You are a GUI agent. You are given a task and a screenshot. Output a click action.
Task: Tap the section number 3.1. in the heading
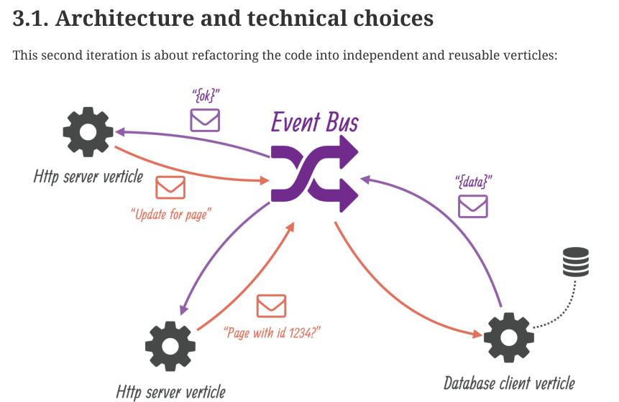[x=29, y=18]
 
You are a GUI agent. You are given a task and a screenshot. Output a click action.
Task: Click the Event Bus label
[x=314, y=121]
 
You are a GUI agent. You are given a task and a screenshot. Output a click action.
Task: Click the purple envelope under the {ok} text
[x=205, y=119]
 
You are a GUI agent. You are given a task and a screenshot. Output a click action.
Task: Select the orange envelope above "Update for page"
[x=170, y=188]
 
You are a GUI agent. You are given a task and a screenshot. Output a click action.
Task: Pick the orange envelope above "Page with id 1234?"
[x=272, y=306]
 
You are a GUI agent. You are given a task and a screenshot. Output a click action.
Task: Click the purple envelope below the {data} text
[x=473, y=206]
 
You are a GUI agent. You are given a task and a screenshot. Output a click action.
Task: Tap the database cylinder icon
[x=575, y=262]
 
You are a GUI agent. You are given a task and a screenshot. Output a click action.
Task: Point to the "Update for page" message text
[x=171, y=214]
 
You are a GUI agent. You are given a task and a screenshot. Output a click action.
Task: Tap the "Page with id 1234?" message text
[x=272, y=332]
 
